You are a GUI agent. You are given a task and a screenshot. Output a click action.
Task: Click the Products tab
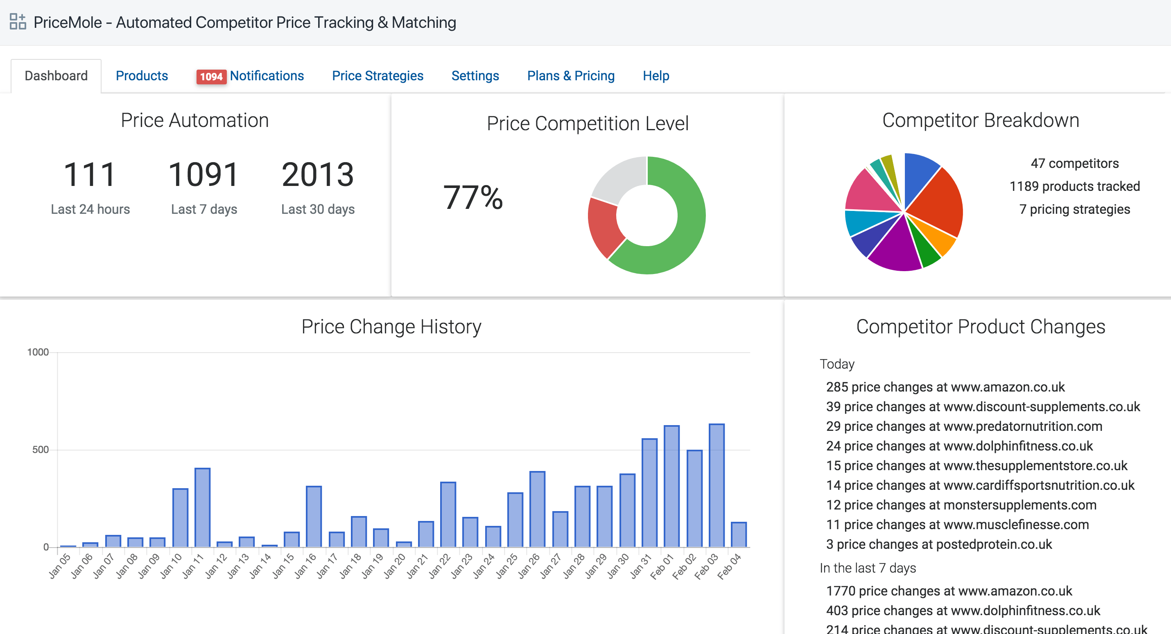[x=142, y=75]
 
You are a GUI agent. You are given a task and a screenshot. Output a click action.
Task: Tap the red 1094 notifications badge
[x=211, y=77]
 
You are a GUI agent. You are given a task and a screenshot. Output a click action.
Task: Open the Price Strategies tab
[x=378, y=75]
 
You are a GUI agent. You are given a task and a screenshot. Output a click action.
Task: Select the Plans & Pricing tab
[x=570, y=75]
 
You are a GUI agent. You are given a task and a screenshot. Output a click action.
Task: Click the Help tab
[x=656, y=75]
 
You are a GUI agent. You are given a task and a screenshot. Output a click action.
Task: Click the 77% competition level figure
[x=473, y=197]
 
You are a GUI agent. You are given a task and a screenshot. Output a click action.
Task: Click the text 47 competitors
[x=1074, y=163]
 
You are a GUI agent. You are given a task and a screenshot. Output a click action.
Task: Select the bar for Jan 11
[x=202, y=507]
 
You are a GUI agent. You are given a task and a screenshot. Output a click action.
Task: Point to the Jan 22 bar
[x=448, y=514]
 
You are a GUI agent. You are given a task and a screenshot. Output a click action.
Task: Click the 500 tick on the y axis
[x=40, y=450]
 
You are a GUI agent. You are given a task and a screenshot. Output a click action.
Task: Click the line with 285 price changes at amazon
[x=945, y=387]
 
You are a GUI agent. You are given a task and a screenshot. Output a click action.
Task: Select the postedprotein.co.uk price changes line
[x=939, y=544]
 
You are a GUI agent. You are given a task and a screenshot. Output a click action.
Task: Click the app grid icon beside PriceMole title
[x=18, y=21]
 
